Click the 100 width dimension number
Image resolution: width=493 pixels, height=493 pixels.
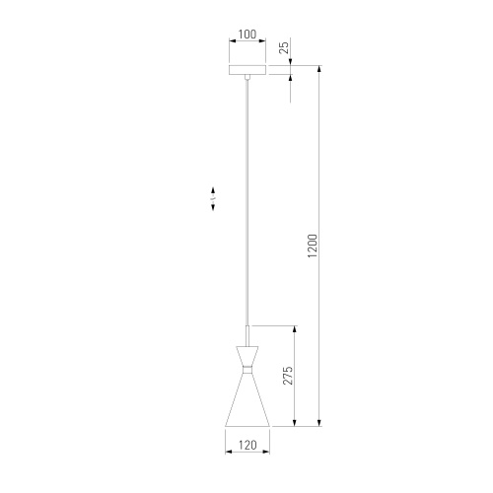247,35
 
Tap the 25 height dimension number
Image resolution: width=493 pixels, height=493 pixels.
283,46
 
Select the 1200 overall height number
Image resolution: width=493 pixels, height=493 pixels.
312,246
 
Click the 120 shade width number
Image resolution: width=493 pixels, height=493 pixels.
247,446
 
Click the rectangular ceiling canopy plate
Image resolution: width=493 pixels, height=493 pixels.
247,71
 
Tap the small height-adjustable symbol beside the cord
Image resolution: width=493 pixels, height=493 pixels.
213,198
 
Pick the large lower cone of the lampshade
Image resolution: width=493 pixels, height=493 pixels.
247,399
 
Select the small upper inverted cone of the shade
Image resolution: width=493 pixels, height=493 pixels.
247,354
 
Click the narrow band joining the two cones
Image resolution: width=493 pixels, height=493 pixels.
247,367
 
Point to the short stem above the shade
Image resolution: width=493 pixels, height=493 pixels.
247,334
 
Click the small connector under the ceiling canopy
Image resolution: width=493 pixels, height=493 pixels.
247,79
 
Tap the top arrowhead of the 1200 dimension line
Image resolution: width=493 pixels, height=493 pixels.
319,70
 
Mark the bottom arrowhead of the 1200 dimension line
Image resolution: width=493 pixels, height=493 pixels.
319,423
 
